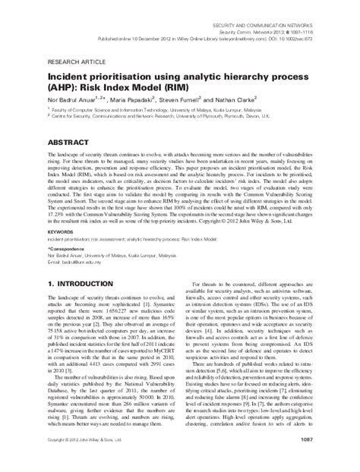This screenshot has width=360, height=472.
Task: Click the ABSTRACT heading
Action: point(71,143)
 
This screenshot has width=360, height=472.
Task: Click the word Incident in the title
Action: point(70,77)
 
